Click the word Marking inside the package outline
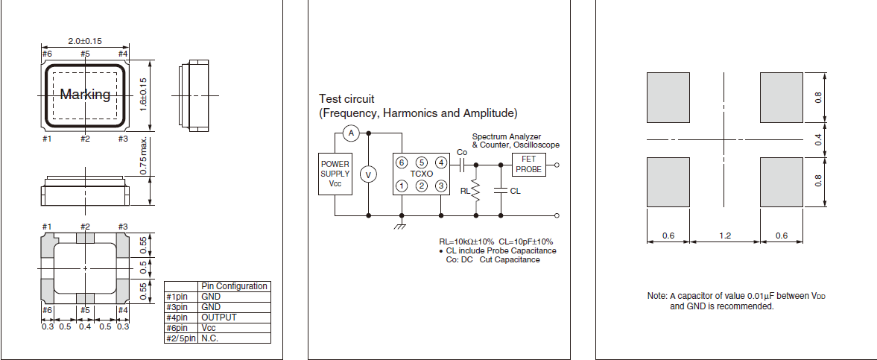point(85,95)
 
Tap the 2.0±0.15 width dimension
point(85,40)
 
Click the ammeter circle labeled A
point(351,133)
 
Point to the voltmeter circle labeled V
point(367,174)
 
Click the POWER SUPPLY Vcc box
point(335,174)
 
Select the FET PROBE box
point(528,165)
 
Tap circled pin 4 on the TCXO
point(442,162)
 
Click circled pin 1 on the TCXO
point(402,186)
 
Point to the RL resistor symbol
point(475,191)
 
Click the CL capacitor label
point(516,191)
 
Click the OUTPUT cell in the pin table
point(219,318)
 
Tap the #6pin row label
point(180,328)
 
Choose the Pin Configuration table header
point(234,286)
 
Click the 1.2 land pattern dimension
point(724,236)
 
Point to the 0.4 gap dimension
point(817,139)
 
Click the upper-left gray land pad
point(668,97)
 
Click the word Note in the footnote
point(656,296)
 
